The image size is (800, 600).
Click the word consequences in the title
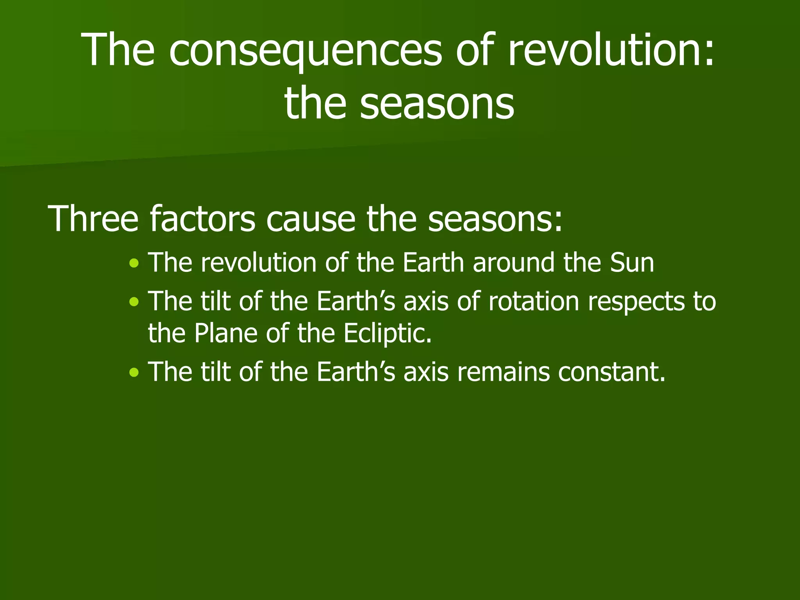click(x=305, y=51)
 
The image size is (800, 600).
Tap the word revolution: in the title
click(x=611, y=51)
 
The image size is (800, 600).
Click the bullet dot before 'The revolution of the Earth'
click(x=134, y=263)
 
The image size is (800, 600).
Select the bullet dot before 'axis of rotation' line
click(x=134, y=302)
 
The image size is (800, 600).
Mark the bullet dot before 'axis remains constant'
click(x=134, y=372)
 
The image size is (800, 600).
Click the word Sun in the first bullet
click(x=632, y=263)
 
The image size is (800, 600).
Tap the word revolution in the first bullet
click(x=259, y=263)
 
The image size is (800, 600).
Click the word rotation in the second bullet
click(x=534, y=302)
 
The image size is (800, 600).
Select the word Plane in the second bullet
click(x=226, y=333)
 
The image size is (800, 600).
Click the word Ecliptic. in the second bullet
click(x=387, y=333)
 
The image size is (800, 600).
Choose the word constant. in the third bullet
click(x=611, y=372)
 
